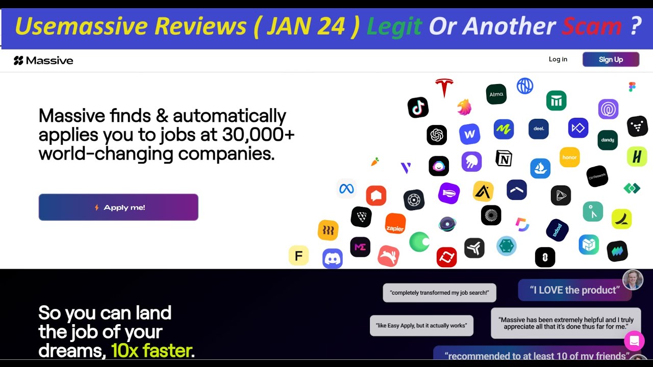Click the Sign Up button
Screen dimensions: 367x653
tap(611, 60)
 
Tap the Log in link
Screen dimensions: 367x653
tap(558, 59)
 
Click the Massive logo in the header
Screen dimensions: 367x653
tap(43, 61)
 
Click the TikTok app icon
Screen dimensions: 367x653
tap(418, 108)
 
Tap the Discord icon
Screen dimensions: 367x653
tap(332, 259)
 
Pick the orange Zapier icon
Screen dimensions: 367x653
tap(395, 224)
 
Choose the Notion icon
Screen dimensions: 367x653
tap(504, 159)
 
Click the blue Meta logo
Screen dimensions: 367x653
tap(346, 189)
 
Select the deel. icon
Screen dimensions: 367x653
tap(539, 128)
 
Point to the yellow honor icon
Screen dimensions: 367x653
tap(569, 158)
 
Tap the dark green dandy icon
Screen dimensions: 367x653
tap(607, 140)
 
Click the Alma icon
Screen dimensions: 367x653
tap(496, 94)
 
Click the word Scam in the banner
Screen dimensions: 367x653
tap(591, 27)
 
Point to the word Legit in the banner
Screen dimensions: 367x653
tap(394, 27)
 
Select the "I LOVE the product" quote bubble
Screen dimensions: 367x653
tap(574, 290)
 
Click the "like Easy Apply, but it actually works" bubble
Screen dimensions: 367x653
tap(421, 325)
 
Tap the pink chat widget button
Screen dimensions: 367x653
tap(634, 340)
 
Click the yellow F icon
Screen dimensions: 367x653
tap(298, 255)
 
